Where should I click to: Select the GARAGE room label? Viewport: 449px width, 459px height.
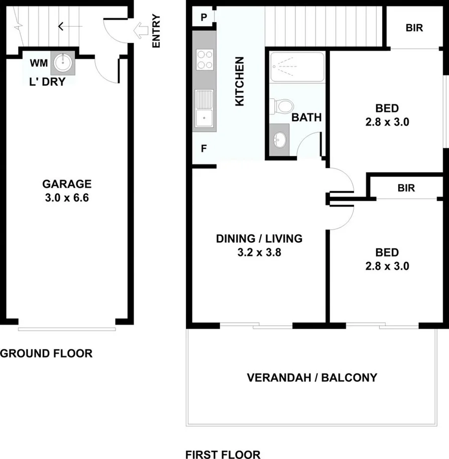click(x=67, y=183)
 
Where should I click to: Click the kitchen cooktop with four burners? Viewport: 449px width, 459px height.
click(x=204, y=60)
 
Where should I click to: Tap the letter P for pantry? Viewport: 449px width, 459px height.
click(x=204, y=17)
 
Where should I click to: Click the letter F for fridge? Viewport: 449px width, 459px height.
click(x=204, y=148)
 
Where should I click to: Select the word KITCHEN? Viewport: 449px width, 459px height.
click(x=240, y=81)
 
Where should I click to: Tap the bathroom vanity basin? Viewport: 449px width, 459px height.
click(x=279, y=139)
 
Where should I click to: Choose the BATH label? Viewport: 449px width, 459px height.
click(x=306, y=118)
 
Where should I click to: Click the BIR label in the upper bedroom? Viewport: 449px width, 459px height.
click(x=414, y=28)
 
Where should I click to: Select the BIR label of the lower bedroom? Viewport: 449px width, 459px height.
click(x=406, y=189)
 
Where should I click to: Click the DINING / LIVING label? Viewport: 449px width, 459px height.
click(x=259, y=238)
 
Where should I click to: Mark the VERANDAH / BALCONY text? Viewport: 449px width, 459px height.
click(x=312, y=378)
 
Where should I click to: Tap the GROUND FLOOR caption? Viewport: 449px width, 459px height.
click(x=46, y=353)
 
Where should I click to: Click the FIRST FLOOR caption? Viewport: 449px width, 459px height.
click(x=223, y=455)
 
